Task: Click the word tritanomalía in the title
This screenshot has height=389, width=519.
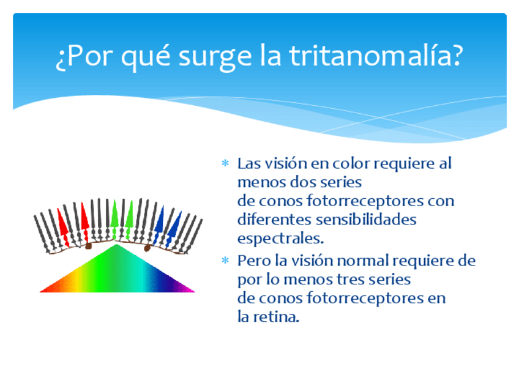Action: click(376, 56)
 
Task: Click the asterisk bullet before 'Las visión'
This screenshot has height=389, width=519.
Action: click(225, 163)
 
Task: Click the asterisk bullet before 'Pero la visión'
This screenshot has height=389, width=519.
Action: click(225, 261)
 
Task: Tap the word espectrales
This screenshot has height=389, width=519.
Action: click(280, 239)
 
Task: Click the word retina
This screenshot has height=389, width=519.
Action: click(276, 317)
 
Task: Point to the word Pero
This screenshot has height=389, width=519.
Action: click(254, 261)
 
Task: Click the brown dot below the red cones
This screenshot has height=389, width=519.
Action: click(88, 246)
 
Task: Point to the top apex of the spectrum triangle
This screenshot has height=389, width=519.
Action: click(116, 244)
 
